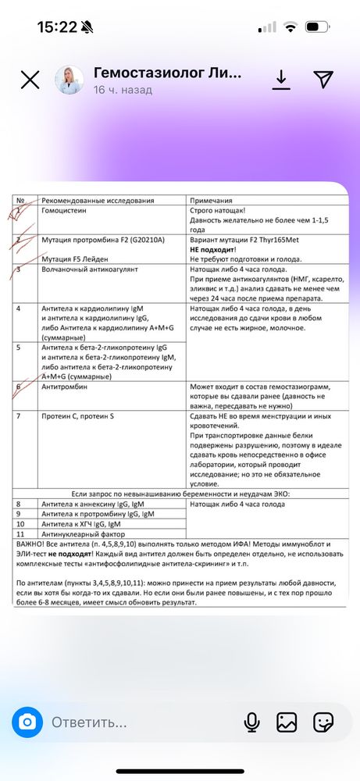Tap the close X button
(x=30, y=80)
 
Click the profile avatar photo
(x=69, y=80)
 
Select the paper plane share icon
(x=323, y=79)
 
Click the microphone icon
(x=251, y=722)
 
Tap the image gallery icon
(x=287, y=722)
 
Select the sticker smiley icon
(x=323, y=722)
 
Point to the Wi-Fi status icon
(x=291, y=27)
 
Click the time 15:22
(x=57, y=27)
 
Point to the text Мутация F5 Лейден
(x=75, y=259)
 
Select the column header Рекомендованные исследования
(x=98, y=201)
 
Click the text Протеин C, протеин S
(x=78, y=416)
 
